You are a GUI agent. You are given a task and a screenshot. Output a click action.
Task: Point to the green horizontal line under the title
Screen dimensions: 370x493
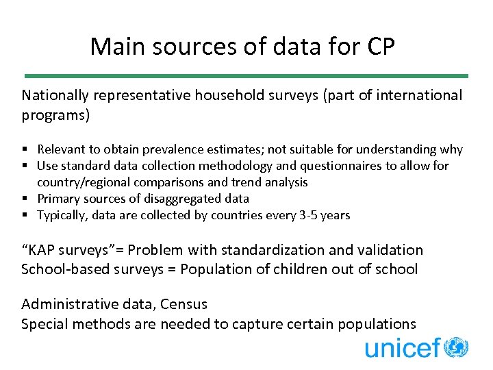click(246, 75)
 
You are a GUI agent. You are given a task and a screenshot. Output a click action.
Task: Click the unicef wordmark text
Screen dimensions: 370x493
click(403, 348)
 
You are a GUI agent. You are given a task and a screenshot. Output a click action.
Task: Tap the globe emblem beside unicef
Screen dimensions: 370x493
click(455, 347)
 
